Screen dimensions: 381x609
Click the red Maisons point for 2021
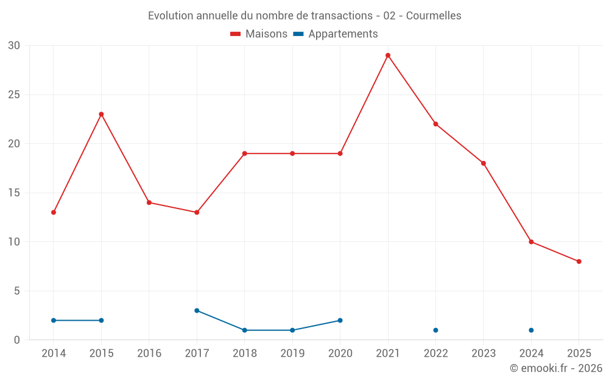point(388,55)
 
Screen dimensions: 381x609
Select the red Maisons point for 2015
point(101,114)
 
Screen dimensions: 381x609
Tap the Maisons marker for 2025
point(579,262)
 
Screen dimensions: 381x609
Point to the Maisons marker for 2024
point(531,242)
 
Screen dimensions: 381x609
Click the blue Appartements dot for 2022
point(435,330)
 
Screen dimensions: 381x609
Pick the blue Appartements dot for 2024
point(531,330)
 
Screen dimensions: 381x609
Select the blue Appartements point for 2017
point(197,310)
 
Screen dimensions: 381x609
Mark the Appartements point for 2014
point(54,320)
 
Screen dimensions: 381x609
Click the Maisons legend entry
point(259,34)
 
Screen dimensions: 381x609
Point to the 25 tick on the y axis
point(14,95)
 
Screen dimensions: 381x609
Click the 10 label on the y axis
point(14,242)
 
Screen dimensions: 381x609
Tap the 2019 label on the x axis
point(292,354)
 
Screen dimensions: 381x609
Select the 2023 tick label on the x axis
point(484,354)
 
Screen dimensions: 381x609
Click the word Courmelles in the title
point(434,16)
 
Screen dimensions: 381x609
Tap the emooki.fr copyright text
point(556,368)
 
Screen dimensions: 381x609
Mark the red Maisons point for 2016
point(149,202)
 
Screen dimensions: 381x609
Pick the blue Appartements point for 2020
point(340,320)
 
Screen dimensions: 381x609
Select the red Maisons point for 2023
point(484,163)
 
